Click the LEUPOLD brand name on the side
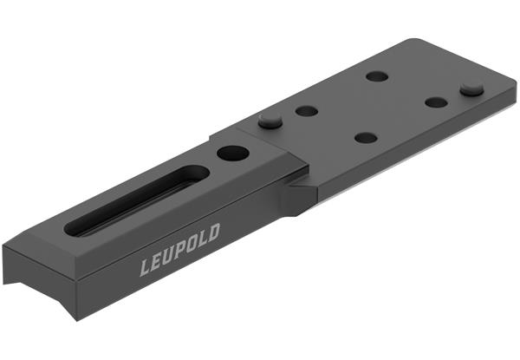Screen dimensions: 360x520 pos(180,250)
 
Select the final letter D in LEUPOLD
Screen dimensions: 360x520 pos(213,232)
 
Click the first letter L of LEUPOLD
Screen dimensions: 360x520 pos(146,266)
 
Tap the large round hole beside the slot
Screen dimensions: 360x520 pos(232,154)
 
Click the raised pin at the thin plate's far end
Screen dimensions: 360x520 pos(471,88)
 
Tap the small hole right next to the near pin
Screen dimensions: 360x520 pos(305,111)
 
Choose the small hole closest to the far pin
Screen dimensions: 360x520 pos(436,101)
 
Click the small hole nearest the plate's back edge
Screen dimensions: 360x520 pos(377,76)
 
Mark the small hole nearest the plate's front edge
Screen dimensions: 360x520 pos(366,137)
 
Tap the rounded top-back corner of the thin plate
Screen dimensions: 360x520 pos(407,43)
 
